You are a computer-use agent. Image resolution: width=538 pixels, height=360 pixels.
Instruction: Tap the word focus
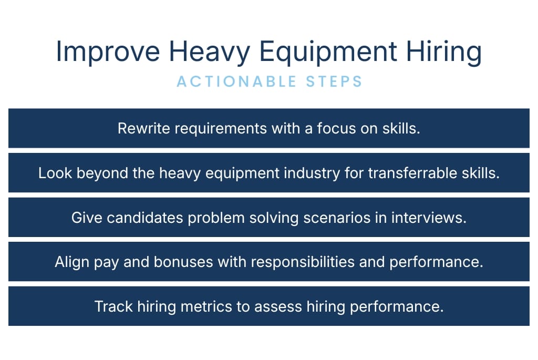336,128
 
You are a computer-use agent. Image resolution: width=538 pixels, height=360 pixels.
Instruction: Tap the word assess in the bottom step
277,306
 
